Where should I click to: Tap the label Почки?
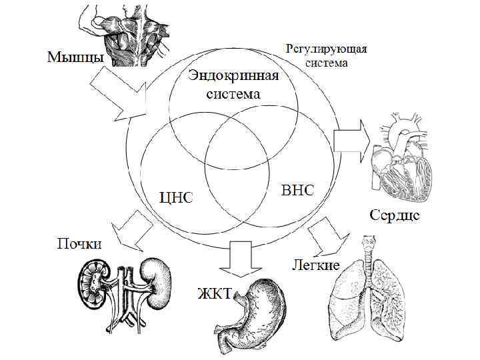pos(79,244)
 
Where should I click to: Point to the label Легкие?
pos(315,265)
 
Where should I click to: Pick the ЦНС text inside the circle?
pos(175,197)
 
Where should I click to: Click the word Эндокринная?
pos(232,75)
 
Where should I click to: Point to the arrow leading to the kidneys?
pos(130,229)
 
